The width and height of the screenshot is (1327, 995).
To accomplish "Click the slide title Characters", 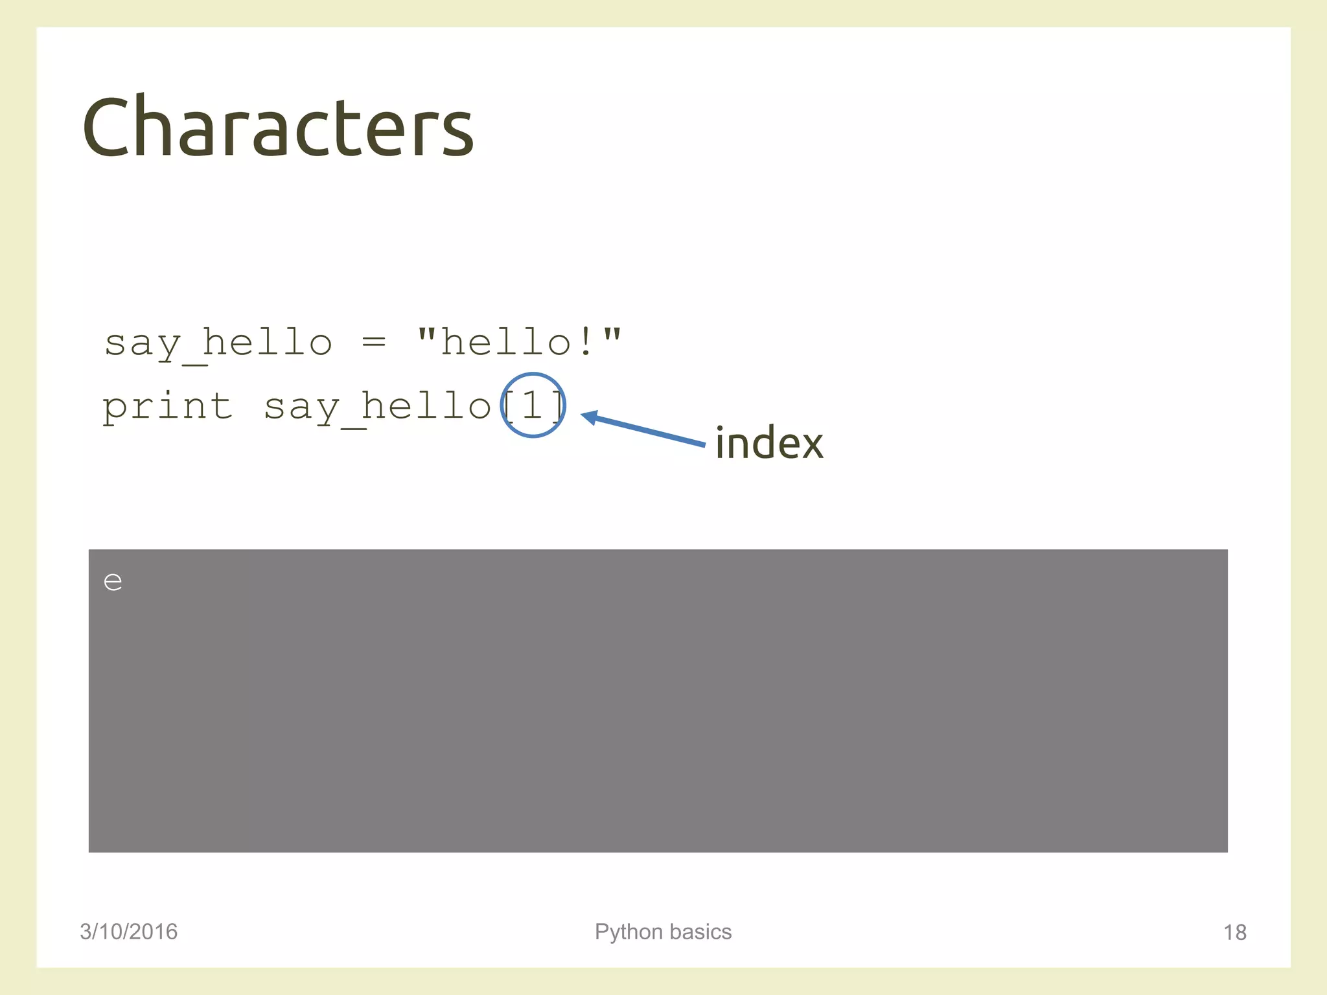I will tap(278, 127).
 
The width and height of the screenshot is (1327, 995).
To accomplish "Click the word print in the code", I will tap(167, 407).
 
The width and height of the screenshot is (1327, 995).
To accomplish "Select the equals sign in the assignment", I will tap(374, 341).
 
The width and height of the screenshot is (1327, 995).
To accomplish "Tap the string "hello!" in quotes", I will tap(518, 341).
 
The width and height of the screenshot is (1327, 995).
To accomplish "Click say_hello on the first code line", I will tap(218, 343).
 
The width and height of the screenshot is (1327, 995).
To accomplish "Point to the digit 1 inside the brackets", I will tap(532, 406).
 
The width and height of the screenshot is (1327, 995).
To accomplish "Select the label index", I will tap(769, 444).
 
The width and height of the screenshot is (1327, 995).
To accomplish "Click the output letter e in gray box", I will tap(113, 582).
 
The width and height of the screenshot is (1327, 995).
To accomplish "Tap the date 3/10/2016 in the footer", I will tap(128, 932).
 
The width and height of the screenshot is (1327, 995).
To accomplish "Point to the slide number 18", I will tap(1234, 933).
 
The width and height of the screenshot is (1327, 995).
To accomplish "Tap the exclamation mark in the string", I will tap(586, 341).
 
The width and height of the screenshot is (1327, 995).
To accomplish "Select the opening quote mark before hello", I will tap(426, 334).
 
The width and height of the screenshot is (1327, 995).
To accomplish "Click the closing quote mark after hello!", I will tap(612, 334).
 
